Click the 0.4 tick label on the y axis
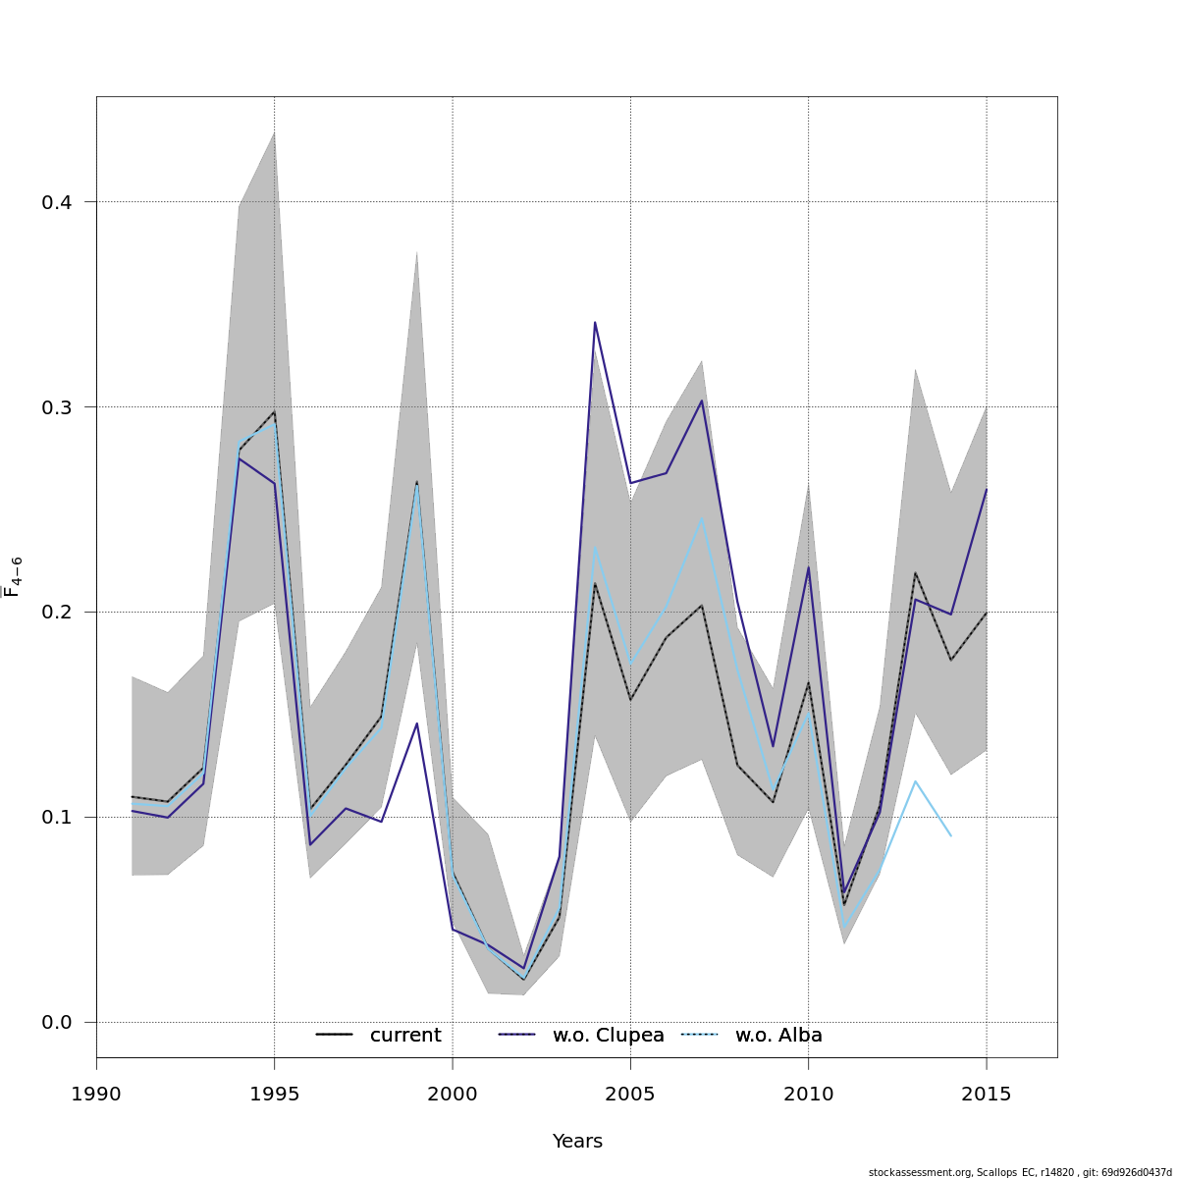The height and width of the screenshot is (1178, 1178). (x=55, y=202)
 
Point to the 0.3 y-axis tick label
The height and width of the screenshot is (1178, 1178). (x=55, y=407)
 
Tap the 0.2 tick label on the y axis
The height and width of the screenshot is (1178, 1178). (x=55, y=613)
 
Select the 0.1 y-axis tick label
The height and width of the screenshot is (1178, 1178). (x=55, y=818)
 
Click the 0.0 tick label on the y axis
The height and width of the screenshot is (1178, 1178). (x=55, y=1023)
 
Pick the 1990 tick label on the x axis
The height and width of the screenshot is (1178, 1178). (x=96, y=1095)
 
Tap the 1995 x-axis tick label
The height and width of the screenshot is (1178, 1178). (x=274, y=1095)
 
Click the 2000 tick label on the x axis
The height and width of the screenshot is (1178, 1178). (x=452, y=1095)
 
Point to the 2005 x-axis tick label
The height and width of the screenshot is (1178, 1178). (x=630, y=1095)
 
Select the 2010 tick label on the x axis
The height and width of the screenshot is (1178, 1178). (x=808, y=1095)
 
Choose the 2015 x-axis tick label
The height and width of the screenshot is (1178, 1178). (x=986, y=1095)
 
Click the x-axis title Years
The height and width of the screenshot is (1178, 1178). (x=577, y=1142)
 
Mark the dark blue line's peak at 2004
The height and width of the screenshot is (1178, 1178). (x=595, y=322)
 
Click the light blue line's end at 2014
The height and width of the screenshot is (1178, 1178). (x=950, y=835)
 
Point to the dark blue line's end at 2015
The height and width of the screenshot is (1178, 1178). (x=986, y=489)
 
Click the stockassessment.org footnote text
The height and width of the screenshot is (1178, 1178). (x=1020, y=1172)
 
